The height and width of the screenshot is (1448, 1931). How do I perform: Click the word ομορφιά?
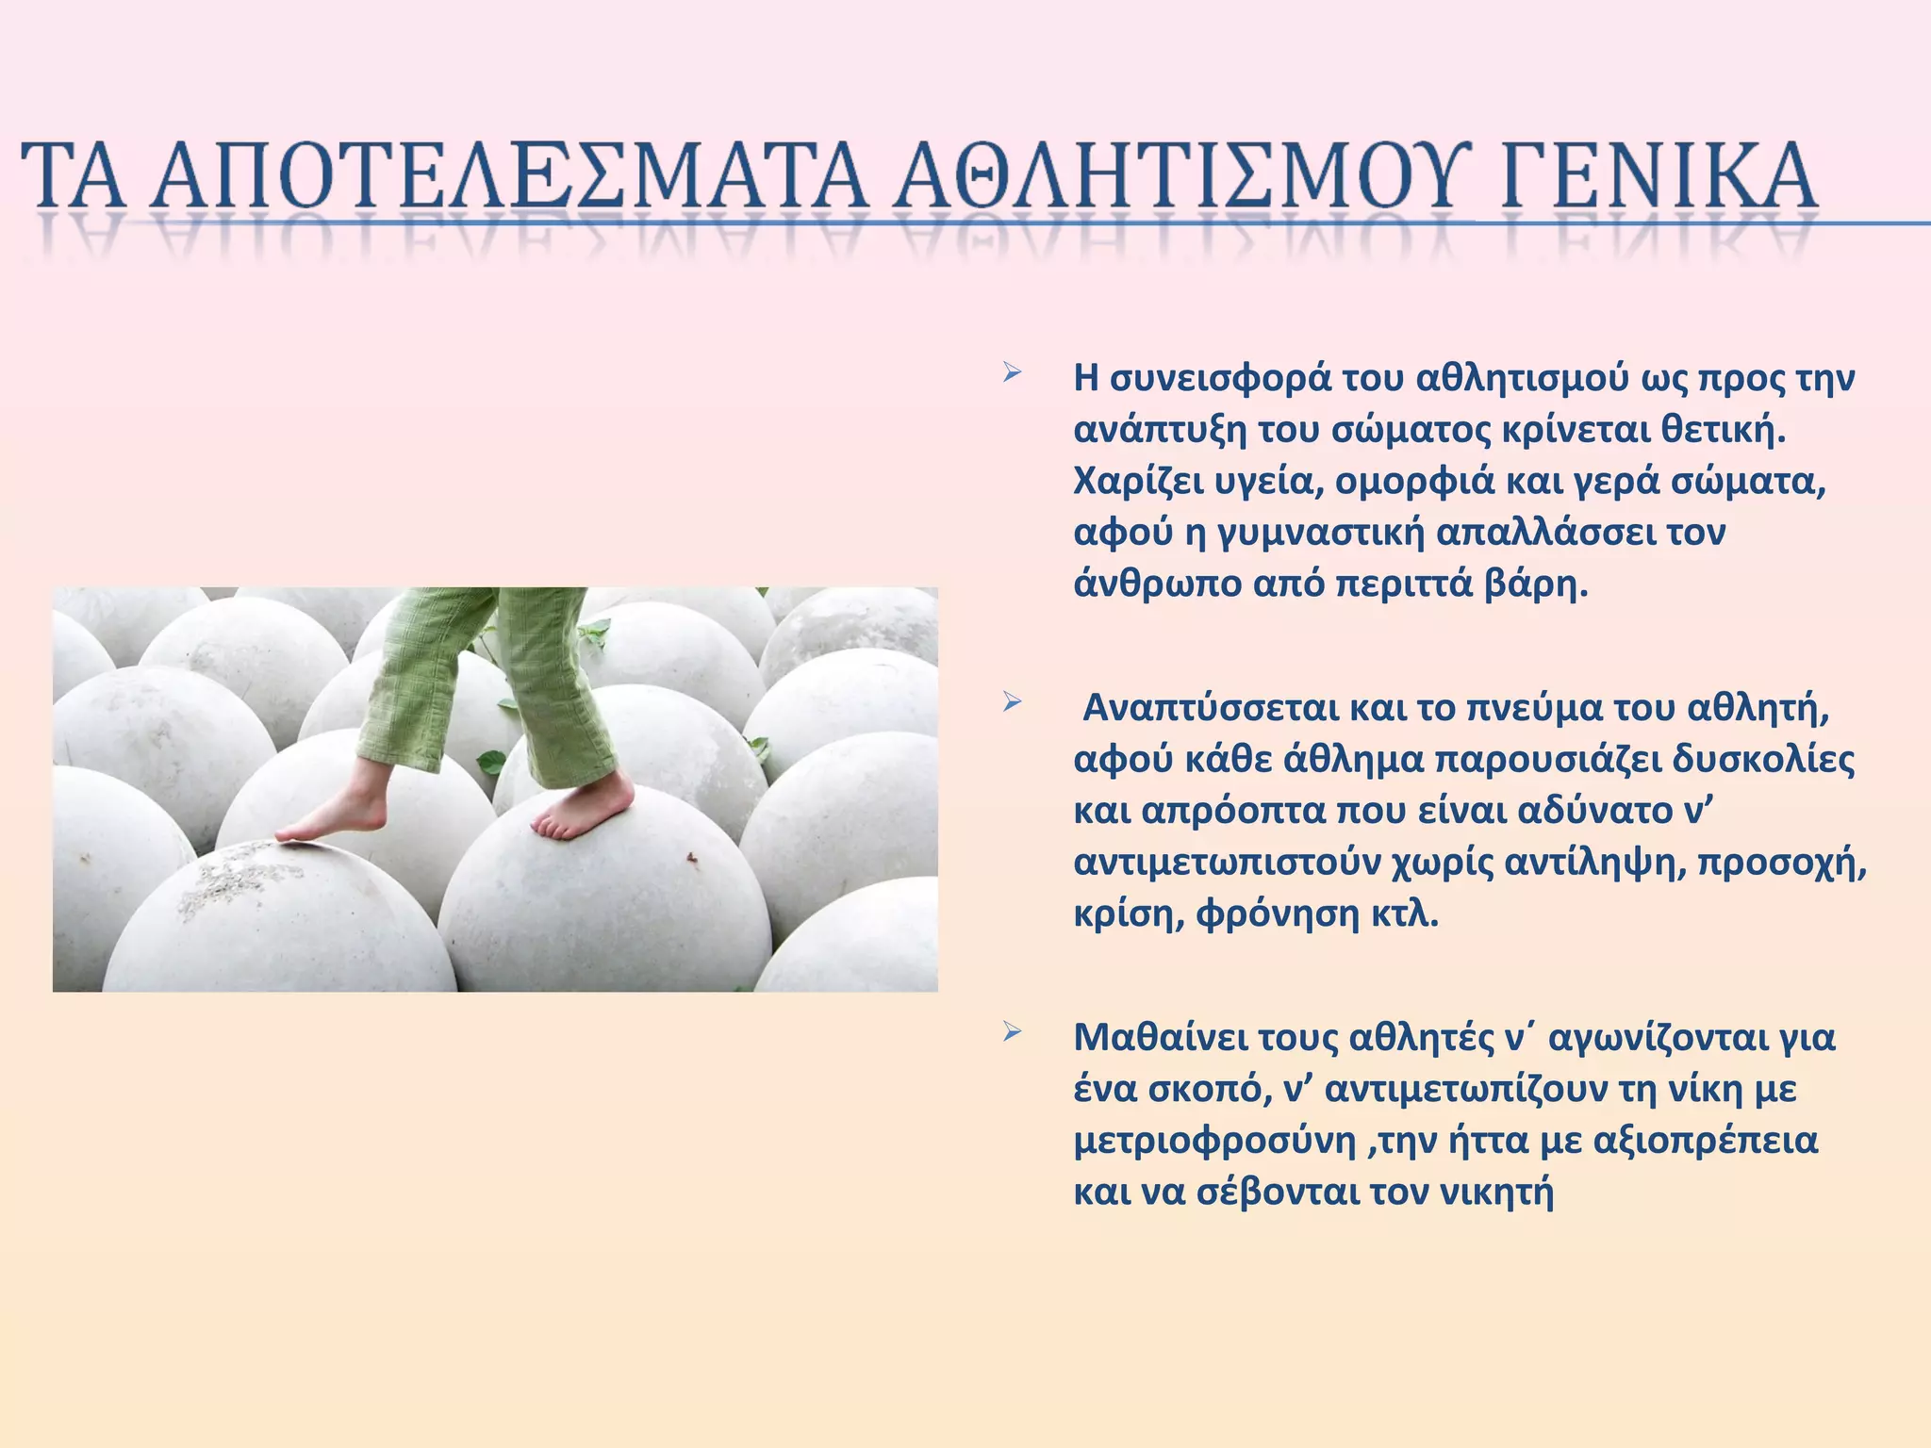(x=1419, y=482)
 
